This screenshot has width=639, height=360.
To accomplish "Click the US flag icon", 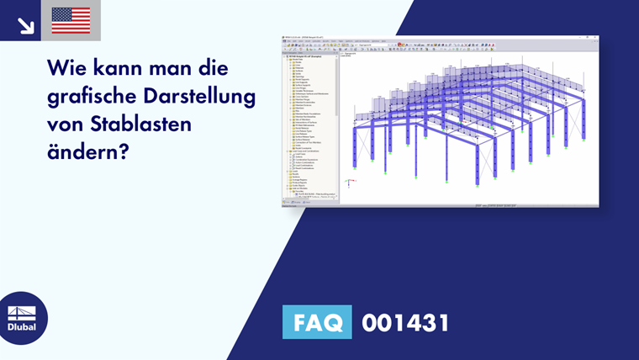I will (x=71, y=20).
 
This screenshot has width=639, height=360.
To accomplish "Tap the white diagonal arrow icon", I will (x=25, y=25).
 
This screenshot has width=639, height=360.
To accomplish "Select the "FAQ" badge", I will (x=318, y=322).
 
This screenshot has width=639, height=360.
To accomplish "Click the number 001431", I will (x=405, y=322).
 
